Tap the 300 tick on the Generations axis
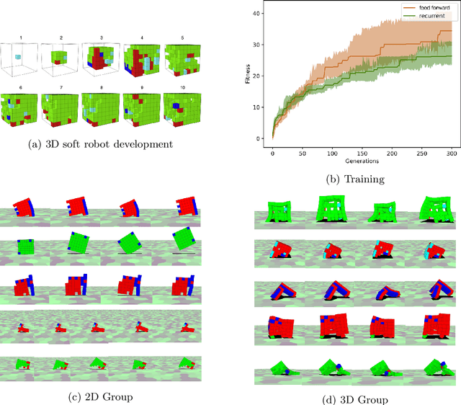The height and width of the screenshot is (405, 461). coord(451,153)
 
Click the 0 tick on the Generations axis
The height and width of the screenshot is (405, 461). coord(273,153)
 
